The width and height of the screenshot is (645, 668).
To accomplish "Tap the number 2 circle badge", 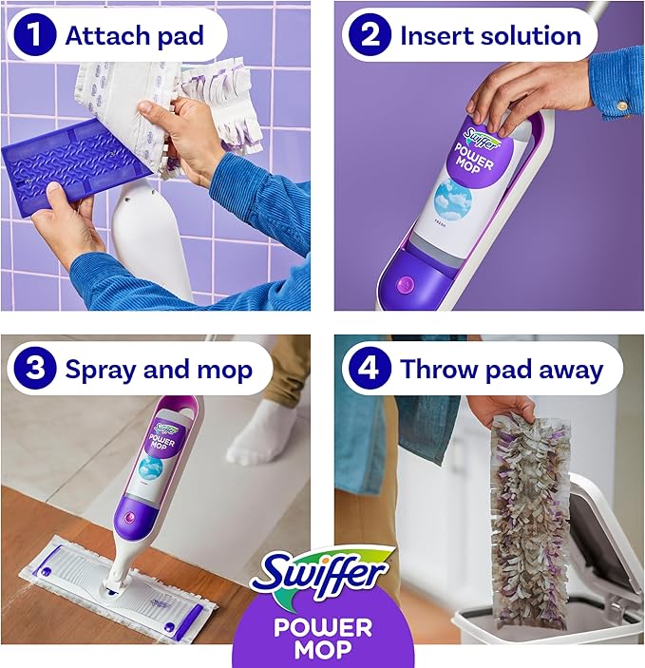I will (370, 36).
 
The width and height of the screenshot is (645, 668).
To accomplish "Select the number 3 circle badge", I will (37, 368).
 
